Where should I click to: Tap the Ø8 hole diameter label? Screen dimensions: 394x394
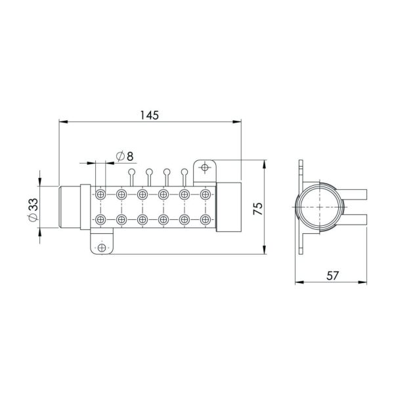click(x=124, y=156)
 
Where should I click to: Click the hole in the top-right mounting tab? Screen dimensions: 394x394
click(x=205, y=168)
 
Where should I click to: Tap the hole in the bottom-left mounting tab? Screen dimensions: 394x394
click(x=101, y=248)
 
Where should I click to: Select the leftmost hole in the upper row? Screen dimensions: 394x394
click(x=100, y=194)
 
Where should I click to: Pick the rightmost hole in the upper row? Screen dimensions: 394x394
click(x=206, y=194)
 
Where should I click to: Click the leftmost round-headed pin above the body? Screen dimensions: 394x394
click(x=133, y=173)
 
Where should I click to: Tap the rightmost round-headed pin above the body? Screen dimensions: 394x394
click(x=185, y=173)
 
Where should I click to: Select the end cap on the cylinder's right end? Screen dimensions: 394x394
click(x=229, y=207)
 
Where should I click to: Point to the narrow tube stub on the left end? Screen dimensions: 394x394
click(x=70, y=207)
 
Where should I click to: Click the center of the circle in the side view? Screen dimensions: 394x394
click(x=320, y=206)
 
